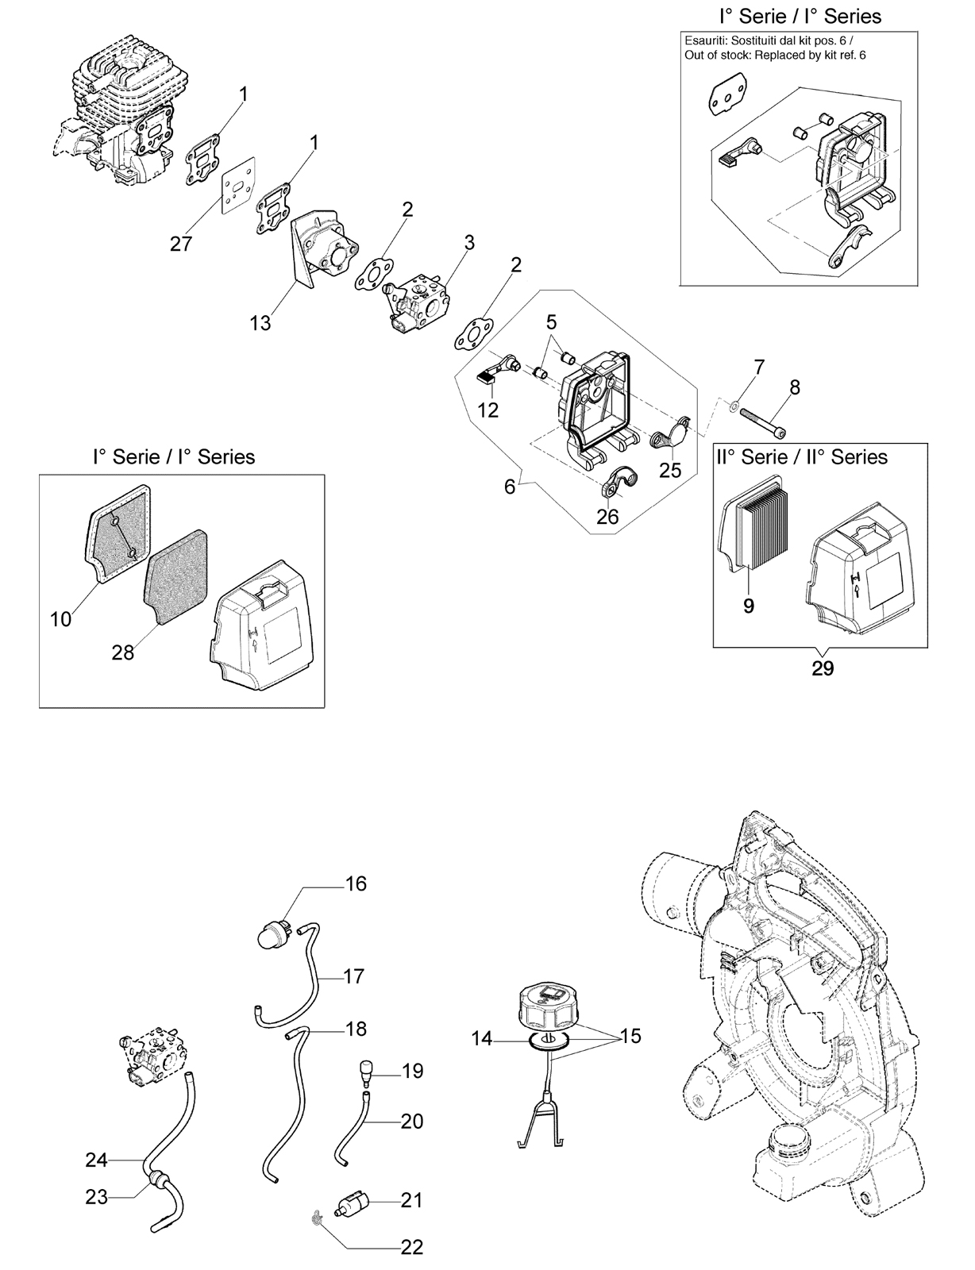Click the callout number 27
[181, 243]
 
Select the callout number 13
[260, 322]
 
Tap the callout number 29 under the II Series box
[823, 668]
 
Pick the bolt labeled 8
[763, 423]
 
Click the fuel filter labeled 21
[353, 1201]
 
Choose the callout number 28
[123, 652]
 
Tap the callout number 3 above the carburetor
[468, 242]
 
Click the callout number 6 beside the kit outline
[510, 486]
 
